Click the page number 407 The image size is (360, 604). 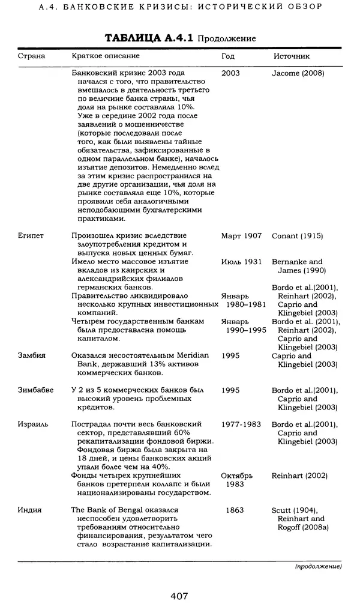pyautogui.click(x=179, y=596)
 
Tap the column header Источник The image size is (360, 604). pyautogui.click(x=292, y=56)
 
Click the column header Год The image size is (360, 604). pyautogui.click(x=228, y=56)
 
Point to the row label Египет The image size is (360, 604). pyautogui.click(x=31, y=236)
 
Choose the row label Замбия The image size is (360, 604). pyautogui.click(x=32, y=356)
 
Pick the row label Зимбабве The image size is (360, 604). pyautogui.click(x=36, y=390)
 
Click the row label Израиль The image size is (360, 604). pyautogui.click(x=34, y=424)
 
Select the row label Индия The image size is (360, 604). pyautogui.click(x=30, y=510)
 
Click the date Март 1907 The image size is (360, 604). pyautogui.click(x=241, y=236)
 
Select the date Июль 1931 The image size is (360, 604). pyautogui.click(x=241, y=262)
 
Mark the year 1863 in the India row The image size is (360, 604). pyautogui.click(x=235, y=510)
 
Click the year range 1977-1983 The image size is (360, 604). pyautogui.click(x=241, y=424)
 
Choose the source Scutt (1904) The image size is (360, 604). pyautogui.click(x=295, y=510)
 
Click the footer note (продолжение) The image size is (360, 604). pyautogui.click(x=318, y=566)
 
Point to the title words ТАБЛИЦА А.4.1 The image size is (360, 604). pyautogui.click(x=149, y=38)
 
